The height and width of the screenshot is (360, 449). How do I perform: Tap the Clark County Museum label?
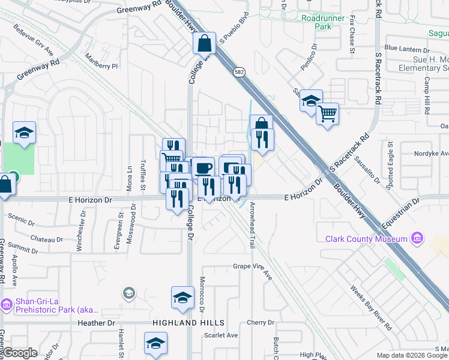click(x=366, y=239)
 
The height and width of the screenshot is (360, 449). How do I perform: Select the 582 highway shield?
click(x=238, y=72)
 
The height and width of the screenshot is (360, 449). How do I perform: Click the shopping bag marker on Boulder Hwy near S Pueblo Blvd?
click(x=204, y=43)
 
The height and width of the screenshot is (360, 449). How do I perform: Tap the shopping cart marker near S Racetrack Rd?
click(x=327, y=112)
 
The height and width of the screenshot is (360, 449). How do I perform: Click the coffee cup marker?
click(x=203, y=167)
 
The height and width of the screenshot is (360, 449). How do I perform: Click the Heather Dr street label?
click(x=95, y=323)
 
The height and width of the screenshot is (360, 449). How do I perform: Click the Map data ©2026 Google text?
click(x=411, y=355)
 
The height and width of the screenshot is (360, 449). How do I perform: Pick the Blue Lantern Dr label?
click(x=408, y=48)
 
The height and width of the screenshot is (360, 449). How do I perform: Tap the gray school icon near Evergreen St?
click(x=128, y=293)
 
